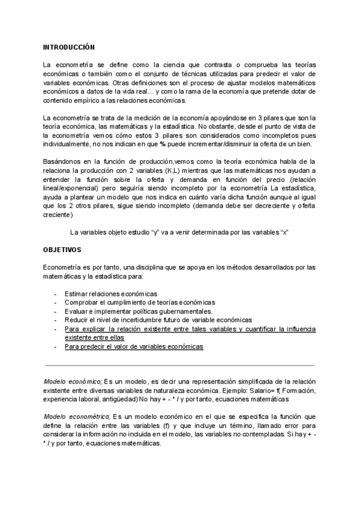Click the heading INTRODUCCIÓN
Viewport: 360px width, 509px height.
[x=69, y=46]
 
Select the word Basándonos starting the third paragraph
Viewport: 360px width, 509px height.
[x=62, y=162]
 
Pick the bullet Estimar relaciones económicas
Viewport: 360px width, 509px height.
[x=111, y=294]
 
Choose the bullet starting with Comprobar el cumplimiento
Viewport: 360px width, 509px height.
[x=139, y=303]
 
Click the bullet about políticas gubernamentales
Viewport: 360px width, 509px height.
[x=139, y=312]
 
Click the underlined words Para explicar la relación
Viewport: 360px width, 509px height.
[x=105, y=329]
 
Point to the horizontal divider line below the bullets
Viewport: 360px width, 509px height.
[x=180, y=365]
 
